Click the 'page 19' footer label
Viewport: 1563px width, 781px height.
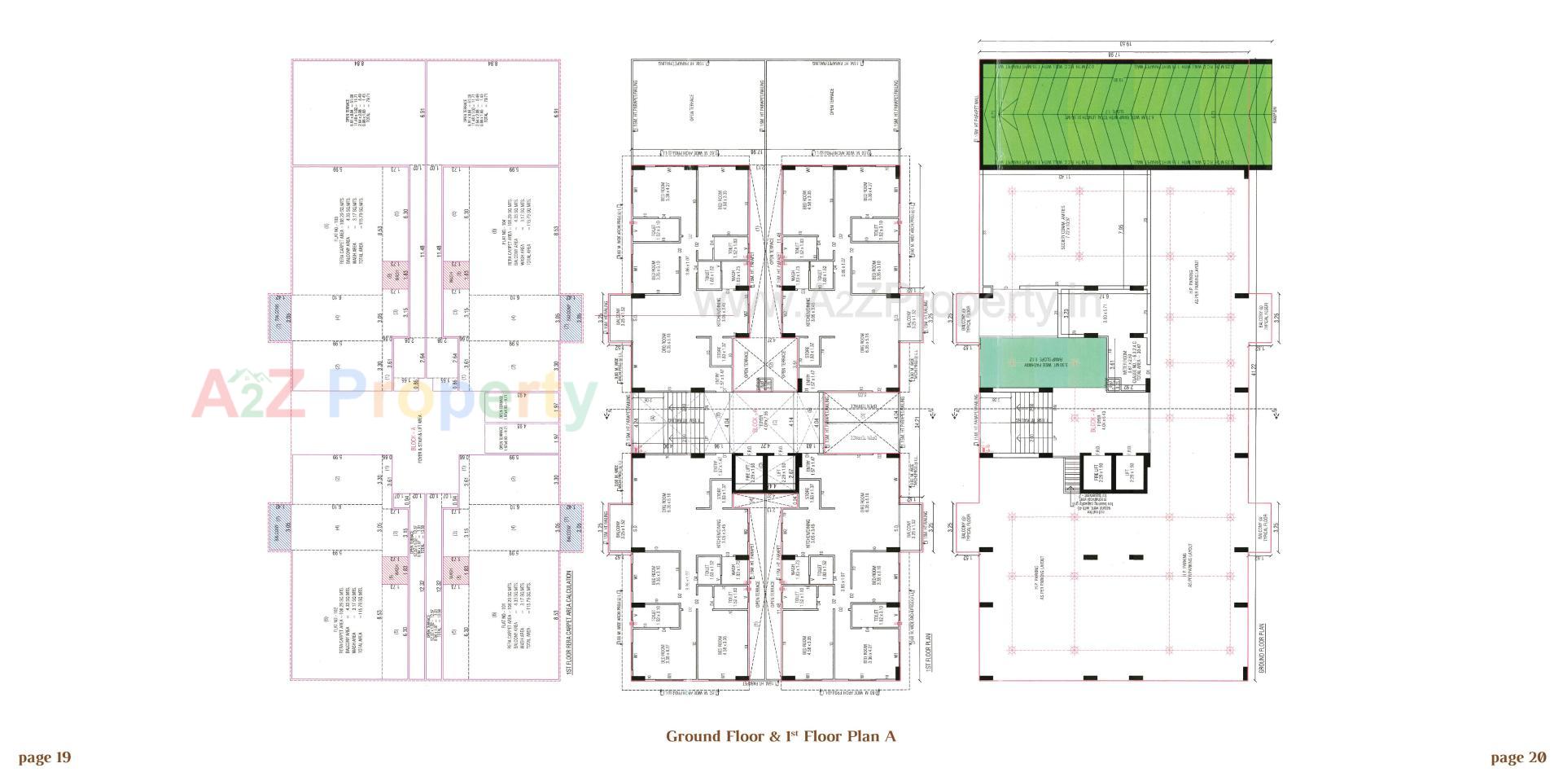coord(45,758)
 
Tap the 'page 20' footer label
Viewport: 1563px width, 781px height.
coord(1518,758)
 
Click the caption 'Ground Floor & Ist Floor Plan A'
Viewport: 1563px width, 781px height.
coord(781,736)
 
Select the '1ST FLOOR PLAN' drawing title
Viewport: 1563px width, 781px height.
coord(928,651)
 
